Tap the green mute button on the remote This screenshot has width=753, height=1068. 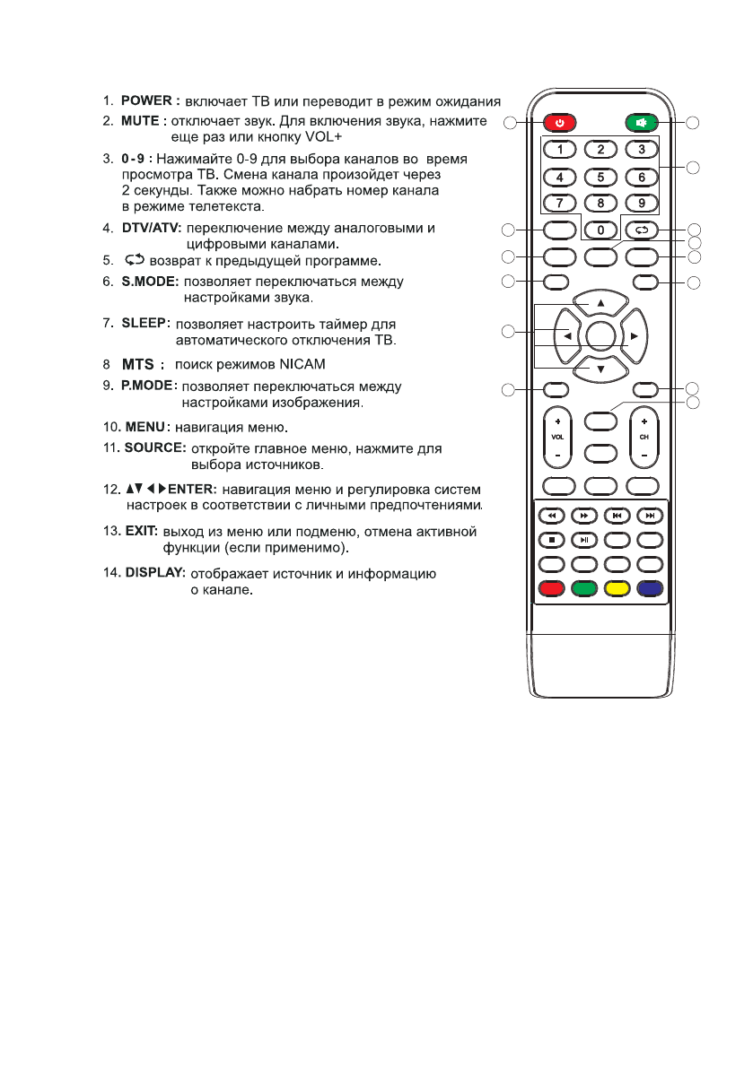click(x=642, y=122)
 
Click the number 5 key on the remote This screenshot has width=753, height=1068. click(x=600, y=177)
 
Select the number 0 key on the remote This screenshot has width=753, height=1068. click(x=600, y=230)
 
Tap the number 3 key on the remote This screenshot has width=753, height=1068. click(x=642, y=150)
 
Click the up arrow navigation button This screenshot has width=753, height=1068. click(x=600, y=303)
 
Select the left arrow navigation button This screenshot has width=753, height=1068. click(x=567, y=335)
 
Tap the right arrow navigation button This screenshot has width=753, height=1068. click(x=633, y=335)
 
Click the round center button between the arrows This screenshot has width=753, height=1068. click(x=600, y=335)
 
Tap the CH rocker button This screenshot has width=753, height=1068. click(x=644, y=438)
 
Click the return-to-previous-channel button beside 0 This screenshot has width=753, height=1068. click(x=642, y=230)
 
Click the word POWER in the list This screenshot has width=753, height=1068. click(x=152, y=100)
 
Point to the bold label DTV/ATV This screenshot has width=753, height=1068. click(x=151, y=229)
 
